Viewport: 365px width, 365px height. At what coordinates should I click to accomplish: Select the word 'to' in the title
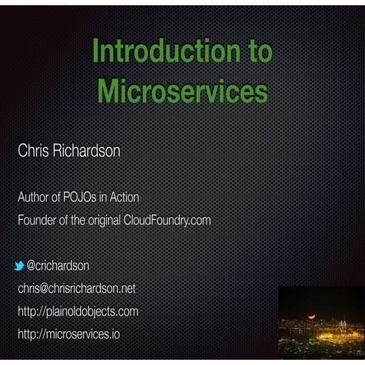pos(257,52)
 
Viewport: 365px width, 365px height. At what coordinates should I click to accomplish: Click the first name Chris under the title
pos(33,151)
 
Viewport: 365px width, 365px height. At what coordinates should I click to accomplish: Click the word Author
pos(34,198)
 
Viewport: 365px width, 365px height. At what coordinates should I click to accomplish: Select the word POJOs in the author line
pos(86,198)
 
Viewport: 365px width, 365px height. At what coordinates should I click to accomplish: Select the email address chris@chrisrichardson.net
pos(77,288)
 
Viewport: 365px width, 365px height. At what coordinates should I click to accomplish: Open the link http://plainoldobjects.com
pos(77,311)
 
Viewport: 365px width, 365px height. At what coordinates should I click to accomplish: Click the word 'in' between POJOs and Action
pos(105,198)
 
